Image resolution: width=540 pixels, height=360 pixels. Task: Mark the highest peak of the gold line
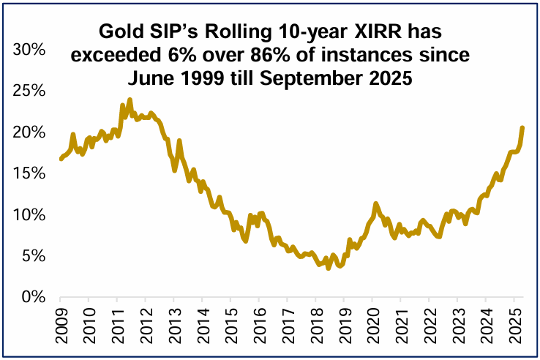tap(130, 100)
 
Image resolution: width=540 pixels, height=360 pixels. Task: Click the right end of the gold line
tap(522, 128)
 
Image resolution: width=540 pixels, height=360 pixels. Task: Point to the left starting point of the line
tap(61, 159)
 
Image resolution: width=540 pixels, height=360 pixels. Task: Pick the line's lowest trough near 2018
tap(329, 269)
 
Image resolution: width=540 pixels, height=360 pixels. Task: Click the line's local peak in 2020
tap(375, 204)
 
